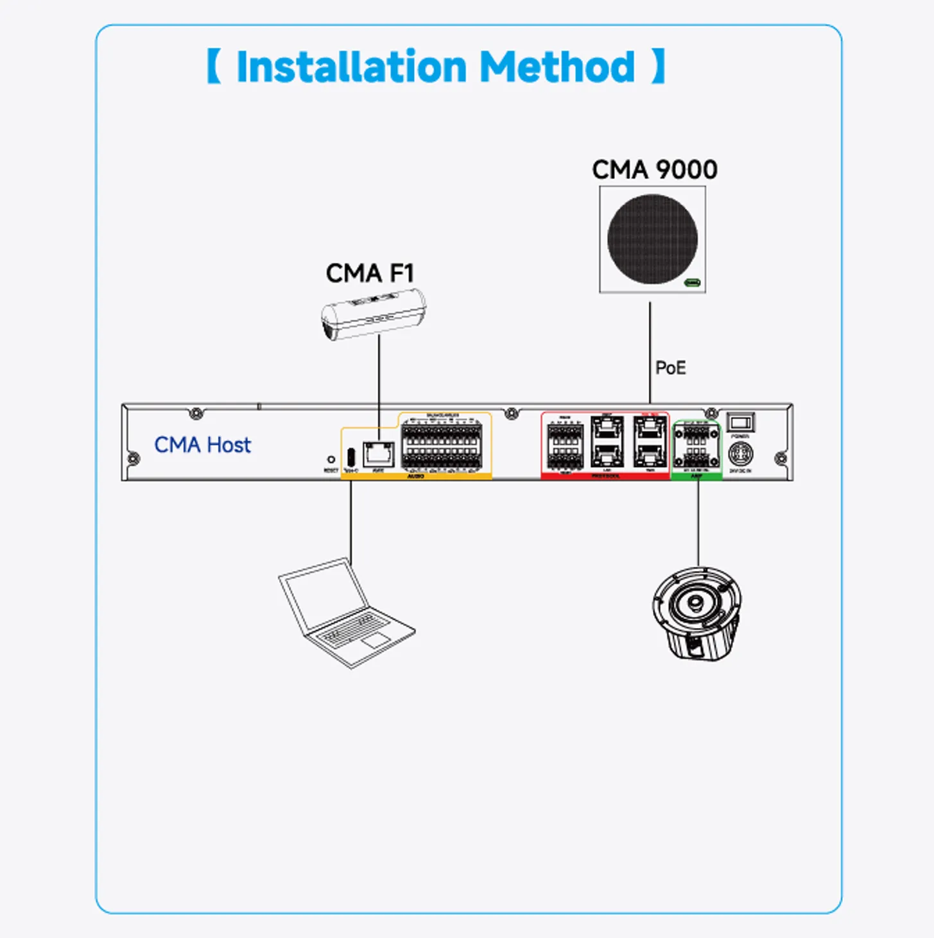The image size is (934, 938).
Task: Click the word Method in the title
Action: click(x=557, y=67)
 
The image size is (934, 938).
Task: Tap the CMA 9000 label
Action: click(x=654, y=170)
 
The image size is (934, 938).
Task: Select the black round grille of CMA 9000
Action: click(x=652, y=239)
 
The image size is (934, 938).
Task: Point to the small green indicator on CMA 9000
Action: click(x=693, y=282)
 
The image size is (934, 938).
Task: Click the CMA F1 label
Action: click(x=370, y=273)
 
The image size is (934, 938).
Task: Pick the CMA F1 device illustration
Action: click(x=373, y=314)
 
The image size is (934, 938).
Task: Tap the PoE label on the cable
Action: click(x=670, y=368)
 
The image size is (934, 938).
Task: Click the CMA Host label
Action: click(x=202, y=445)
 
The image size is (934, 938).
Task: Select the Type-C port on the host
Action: click(x=350, y=456)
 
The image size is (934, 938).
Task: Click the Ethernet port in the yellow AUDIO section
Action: click(x=378, y=454)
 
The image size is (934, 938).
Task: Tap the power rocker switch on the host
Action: click(x=740, y=422)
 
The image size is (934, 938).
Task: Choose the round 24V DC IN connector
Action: click(x=740, y=454)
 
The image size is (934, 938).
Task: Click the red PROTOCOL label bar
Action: click(x=605, y=476)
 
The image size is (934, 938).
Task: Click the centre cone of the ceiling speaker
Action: click(x=695, y=603)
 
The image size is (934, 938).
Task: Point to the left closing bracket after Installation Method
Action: click(x=659, y=67)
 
